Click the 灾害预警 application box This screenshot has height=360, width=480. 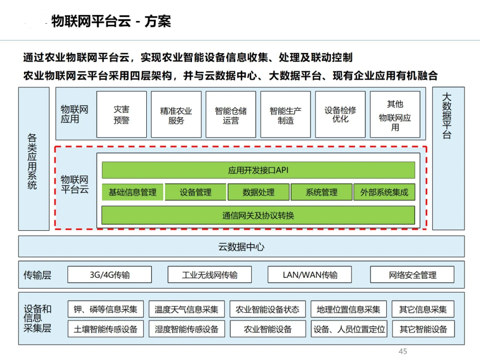pyautogui.click(x=121, y=115)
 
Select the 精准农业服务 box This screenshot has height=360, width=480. pyautogui.click(x=176, y=115)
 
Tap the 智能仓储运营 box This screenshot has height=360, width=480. pyautogui.click(x=231, y=115)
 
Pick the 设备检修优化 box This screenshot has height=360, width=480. pyautogui.click(x=340, y=115)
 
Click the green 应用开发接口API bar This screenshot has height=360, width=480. pyautogui.click(x=258, y=170)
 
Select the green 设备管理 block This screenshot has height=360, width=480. pyautogui.click(x=196, y=192)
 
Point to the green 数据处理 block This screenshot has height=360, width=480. pyautogui.click(x=259, y=192)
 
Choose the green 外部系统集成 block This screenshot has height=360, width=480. pyautogui.click(x=384, y=192)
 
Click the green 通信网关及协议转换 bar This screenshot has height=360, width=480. pyautogui.click(x=258, y=216)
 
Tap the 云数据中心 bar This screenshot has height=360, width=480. pyautogui.click(x=241, y=247)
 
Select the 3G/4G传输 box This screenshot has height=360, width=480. pyautogui.click(x=109, y=275)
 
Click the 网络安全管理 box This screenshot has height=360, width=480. pyautogui.click(x=412, y=275)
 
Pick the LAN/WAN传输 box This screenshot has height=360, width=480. pyautogui.click(x=310, y=275)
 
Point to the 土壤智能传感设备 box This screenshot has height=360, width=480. pyautogui.click(x=106, y=329)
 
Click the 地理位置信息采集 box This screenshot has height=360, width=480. pyautogui.click(x=348, y=309)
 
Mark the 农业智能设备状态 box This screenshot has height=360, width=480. pyautogui.click(x=268, y=309)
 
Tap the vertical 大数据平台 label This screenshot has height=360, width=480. pyautogui.click(x=447, y=116)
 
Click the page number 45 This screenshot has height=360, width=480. pyautogui.click(x=403, y=352)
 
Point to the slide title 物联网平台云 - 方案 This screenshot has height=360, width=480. pyautogui.click(x=111, y=21)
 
